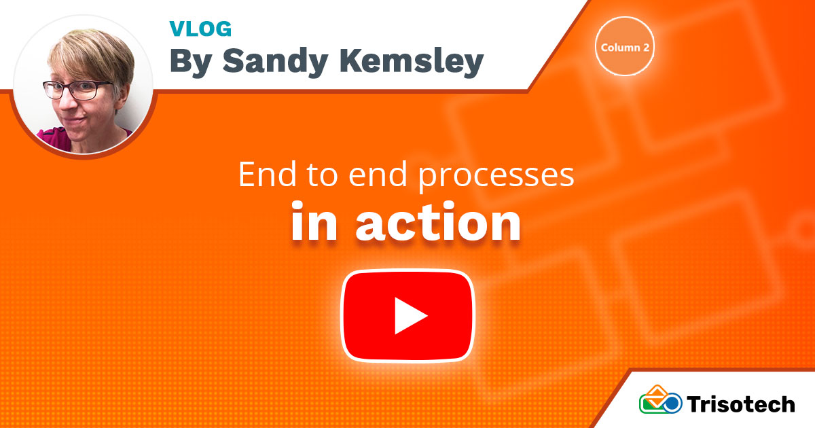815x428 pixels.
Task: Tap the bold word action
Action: point(438,224)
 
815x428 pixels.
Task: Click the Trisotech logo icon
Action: point(661,401)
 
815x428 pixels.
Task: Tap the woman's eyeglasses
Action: point(77,89)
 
